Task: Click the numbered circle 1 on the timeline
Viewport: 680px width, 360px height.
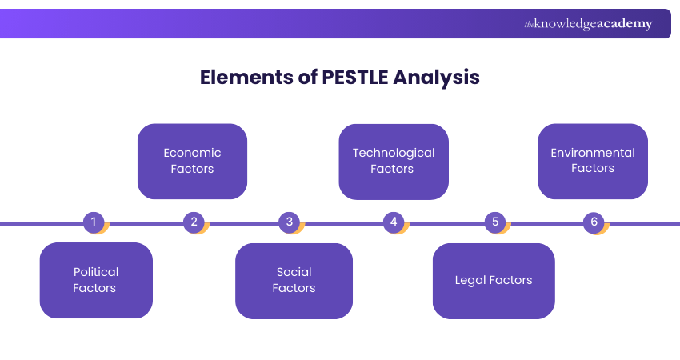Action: click(x=94, y=222)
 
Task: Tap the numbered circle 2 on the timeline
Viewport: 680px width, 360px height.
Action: click(x=193, y=222)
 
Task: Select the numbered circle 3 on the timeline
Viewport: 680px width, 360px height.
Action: click(x=290, y=222)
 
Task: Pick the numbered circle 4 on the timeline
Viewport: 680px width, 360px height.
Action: click(x=393, y=222)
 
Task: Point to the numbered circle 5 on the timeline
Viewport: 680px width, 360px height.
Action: click(x=494, y=222)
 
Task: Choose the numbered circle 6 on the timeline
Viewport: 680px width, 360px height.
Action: click(x=594, y=222)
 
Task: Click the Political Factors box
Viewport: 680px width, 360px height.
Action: click(x=96, y=280)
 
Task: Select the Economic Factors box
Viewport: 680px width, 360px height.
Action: click(x=192, y=161)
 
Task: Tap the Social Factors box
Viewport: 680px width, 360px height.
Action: click(x=294, y=280)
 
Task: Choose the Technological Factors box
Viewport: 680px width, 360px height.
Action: click(x=394, y=161)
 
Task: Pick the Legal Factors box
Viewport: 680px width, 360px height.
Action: click(x=494, y=280)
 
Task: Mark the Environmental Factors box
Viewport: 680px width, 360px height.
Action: click(x=593, y=161)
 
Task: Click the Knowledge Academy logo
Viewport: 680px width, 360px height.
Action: click(x=588, y=24)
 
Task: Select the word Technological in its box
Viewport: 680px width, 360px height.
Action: click(x=394, y=153)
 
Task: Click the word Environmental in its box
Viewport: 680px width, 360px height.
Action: click(x=593, y=153)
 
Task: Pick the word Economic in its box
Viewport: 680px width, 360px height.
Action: click(x=192, y=153)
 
